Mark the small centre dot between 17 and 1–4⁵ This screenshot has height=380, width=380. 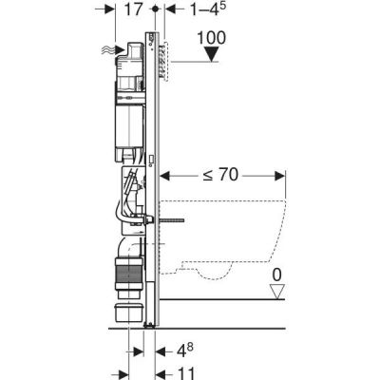point(154,12)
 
